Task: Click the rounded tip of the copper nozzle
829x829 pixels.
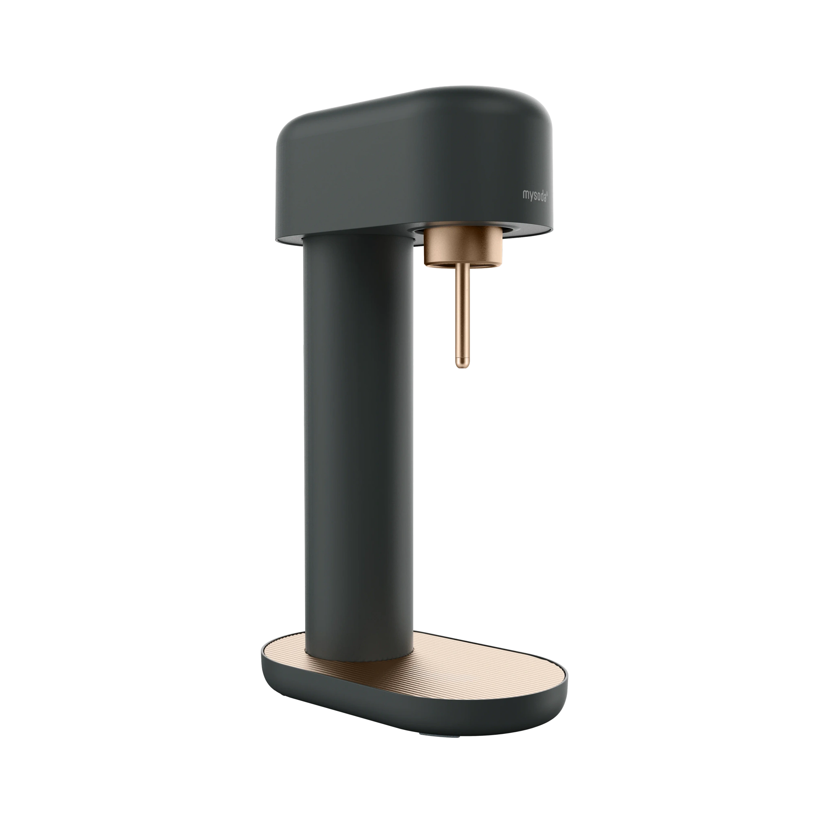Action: (462, 366)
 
